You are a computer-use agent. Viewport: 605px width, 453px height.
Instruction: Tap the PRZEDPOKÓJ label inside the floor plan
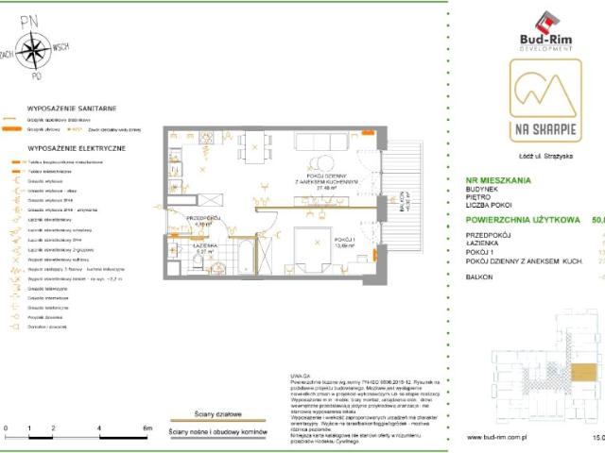click(203, 218)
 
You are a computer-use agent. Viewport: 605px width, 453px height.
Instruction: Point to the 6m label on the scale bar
click(147, 428)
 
